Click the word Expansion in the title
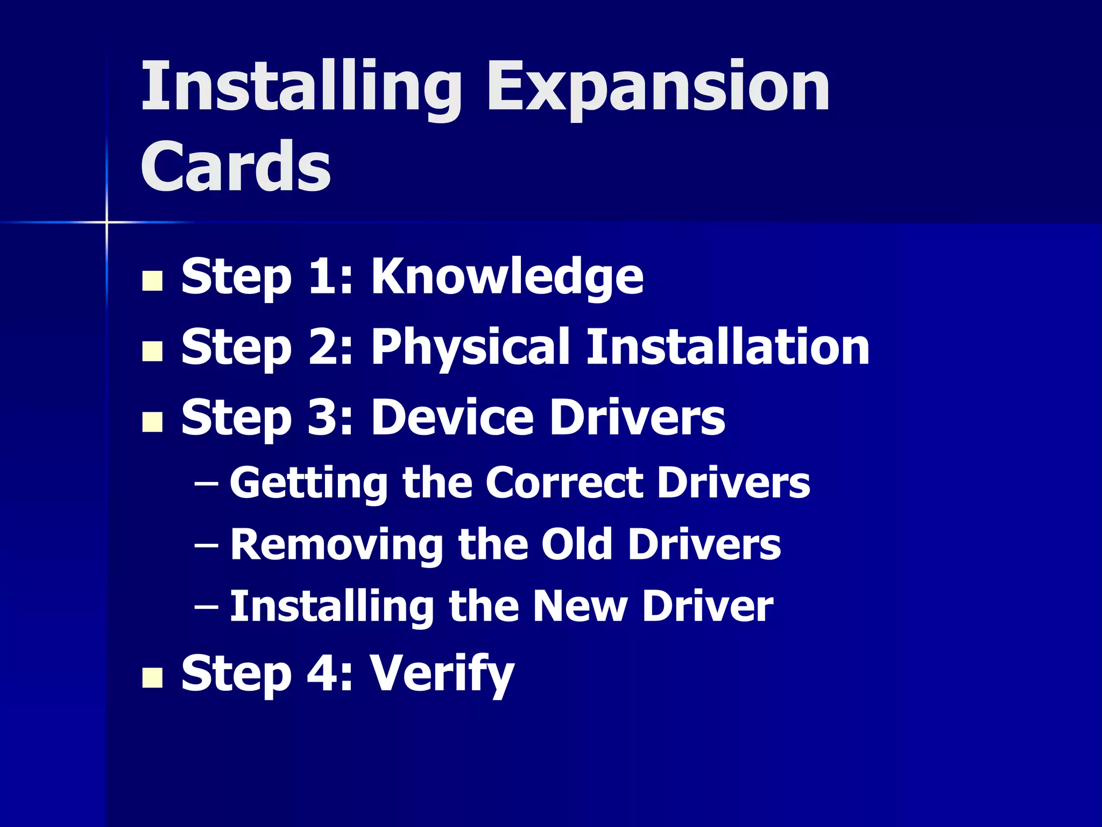click(x=658, y=87)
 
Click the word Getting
click(x=308, y=482)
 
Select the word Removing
click(x=336, y=544)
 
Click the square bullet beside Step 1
click(x=152, y=281)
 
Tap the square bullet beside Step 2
click(x=152, y=351)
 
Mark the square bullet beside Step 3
click(x=152, y=422)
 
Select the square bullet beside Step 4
click(x=152, y=678)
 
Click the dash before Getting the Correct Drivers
click(x=206, y=483)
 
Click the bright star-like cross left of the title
click(x=107, y=222)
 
